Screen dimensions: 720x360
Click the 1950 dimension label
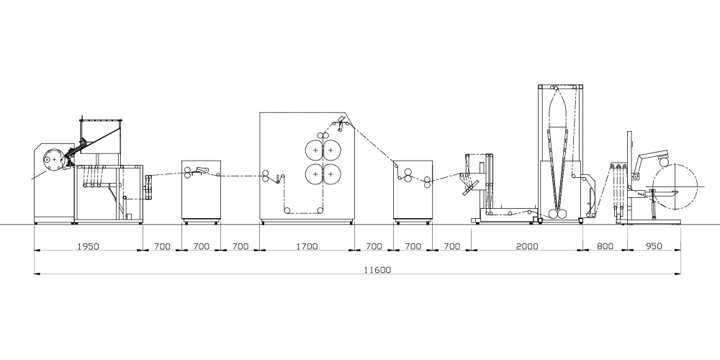(88, 246)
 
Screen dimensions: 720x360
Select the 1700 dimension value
(307, 246)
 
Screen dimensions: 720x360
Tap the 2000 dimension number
(527, 246)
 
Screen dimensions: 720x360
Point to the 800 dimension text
(605, 246)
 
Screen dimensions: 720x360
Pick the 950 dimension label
(654, 246)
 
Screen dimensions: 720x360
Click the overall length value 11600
(377, 270)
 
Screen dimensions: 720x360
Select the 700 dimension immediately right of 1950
(162, 246)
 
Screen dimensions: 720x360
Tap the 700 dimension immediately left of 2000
(452, 246)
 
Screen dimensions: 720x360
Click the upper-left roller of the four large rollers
(315, 150)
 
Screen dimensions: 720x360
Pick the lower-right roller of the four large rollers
(330, 174)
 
